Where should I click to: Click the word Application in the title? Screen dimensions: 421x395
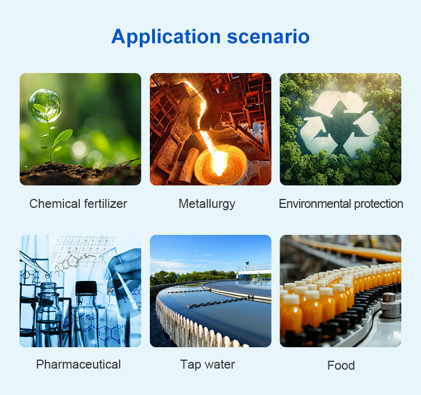pyautogui.click(x=166, y=37)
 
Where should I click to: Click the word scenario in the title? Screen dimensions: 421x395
pyautogui.click(x=268, y=37)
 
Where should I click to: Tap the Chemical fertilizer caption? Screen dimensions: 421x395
pyautogui.click(x=78, y=203)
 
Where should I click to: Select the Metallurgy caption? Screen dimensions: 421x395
pyautogui.click(x=207, y=204)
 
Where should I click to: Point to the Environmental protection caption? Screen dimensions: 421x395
pyautogui.click(x=341, y=204)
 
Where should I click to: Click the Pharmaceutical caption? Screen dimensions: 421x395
pyautogui.click(x=79, y=365)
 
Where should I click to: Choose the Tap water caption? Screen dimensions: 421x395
pyautogui.click(x=208, y=365)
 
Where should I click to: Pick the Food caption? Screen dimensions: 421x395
pyautogui.click(x=341, y=365)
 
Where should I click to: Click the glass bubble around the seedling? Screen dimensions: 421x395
pyautogui.click(x=45, y=106)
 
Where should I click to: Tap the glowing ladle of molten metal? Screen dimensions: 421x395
pyautogui.click(x=221, y=165)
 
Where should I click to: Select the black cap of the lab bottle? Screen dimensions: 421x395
pyautogui.click(x=86, y=288)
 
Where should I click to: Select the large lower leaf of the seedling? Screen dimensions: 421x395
pyautogui.click(x=63, y=137)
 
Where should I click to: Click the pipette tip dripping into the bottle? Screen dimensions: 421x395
pyautogui.click(x=48, y=276)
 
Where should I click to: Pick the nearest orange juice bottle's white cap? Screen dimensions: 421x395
pyautogui.click(x=291, y=299)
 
